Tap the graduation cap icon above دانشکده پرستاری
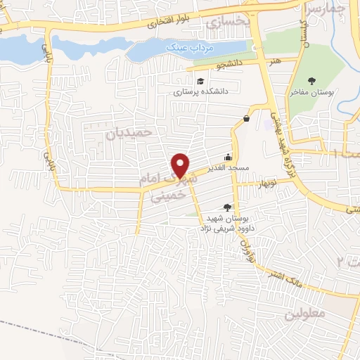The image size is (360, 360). click(200, 81)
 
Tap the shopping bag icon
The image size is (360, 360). click(247, 119)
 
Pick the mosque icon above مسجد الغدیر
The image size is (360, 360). click(227, 158)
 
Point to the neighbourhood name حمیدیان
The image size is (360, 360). click(129, 132)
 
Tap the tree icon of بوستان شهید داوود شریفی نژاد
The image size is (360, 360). click(226, 207)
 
